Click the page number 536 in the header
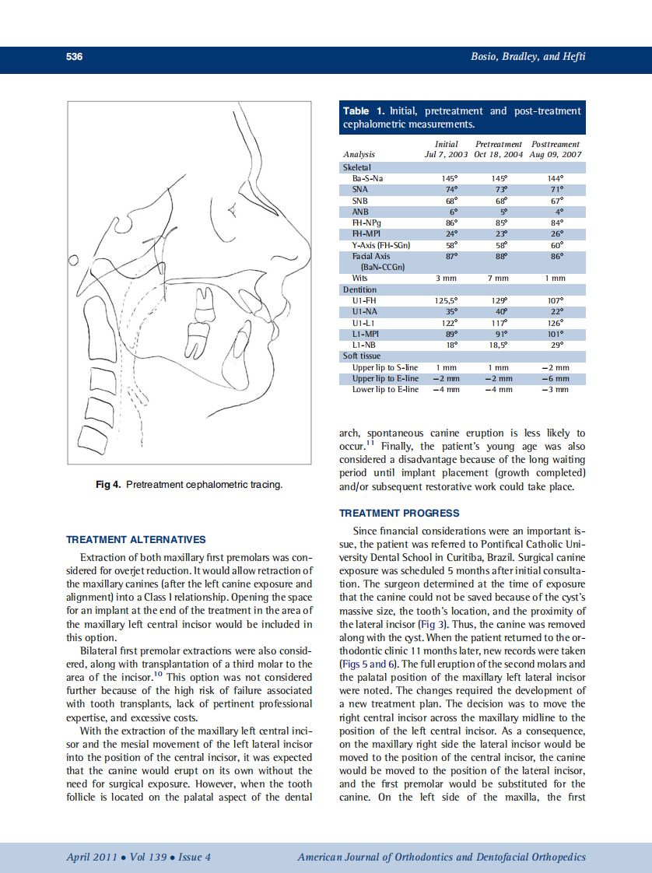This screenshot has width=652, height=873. (75, 57)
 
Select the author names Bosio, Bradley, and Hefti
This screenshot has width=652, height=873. (528, 57)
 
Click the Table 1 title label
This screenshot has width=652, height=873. (368, 111)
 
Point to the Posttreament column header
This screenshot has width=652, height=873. (555, 144)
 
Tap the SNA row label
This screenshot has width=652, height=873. (360, 189)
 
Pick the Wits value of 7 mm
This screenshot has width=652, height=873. (497, 278)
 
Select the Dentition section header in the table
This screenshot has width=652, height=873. (359, 289)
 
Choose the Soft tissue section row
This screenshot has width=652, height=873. (362, 356)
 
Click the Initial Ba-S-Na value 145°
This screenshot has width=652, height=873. (446, 178)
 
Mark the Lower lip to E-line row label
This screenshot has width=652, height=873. (385, 389)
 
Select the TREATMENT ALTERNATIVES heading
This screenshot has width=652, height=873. (136, 539)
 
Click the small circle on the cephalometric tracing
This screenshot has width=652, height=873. (74, 259)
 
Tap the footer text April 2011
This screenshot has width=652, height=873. (92, 857)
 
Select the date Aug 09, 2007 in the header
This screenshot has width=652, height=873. (555, 155)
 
